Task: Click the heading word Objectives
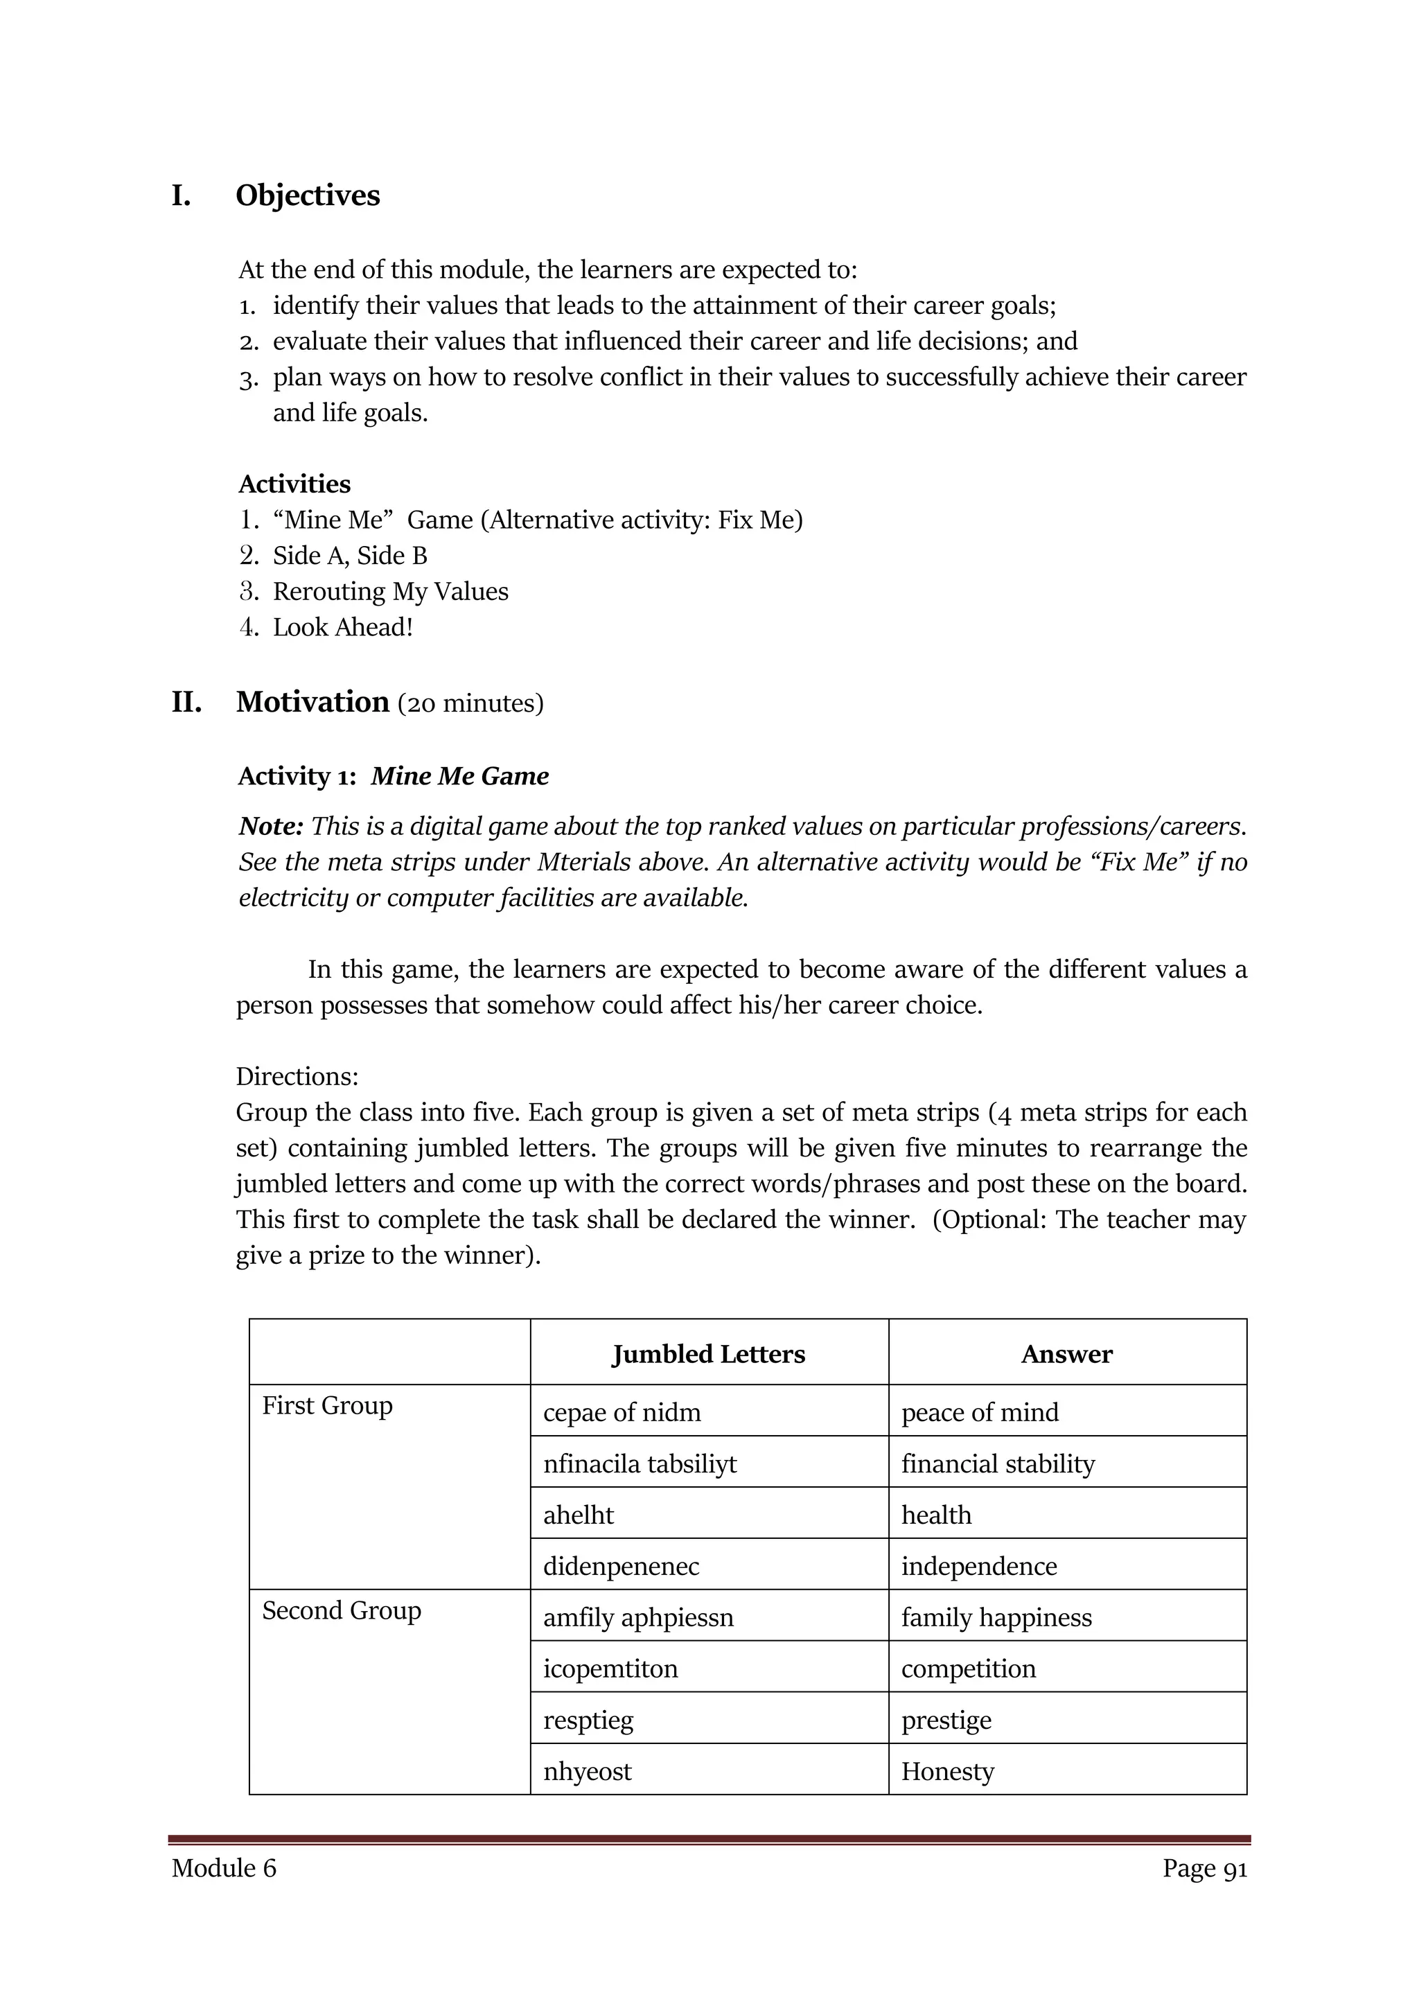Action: (x=308, y=195)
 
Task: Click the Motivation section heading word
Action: (x=312, y=703)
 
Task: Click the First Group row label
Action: (x=327, y=1406)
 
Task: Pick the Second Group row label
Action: (x=341, y=1610)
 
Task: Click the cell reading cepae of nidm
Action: (x=622, y=1413)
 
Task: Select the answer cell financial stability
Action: (x=997, y=1464)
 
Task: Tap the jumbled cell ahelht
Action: (x=578, y=1515)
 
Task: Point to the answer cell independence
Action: (x=978, y=1567)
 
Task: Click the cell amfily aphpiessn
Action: (x=638, y=1618)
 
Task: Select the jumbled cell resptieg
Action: (x=588, y=1721)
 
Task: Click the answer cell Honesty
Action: (x=947, y=1772)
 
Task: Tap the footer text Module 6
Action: (x=224, y=1868)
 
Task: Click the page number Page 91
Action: (x=1204, y=1868)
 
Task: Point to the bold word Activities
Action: (x=294, y=484)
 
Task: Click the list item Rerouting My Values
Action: (x=389, y=592)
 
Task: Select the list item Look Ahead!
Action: (x=342, y=627)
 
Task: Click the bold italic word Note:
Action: (x=271, y=826)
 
